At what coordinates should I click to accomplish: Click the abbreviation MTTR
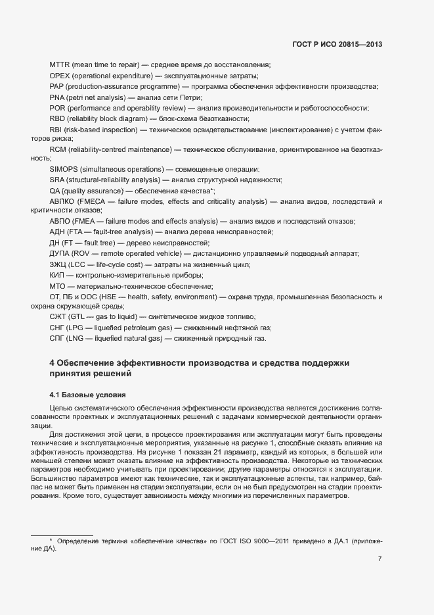pyautogui.click(x=60, y=64)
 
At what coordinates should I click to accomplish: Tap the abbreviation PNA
pyautogui.click(x=58, y=97)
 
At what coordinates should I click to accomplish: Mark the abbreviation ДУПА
pyautogui.click(x=60, y=254)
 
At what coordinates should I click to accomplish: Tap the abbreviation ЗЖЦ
pyautogui.click(x=58, y=264)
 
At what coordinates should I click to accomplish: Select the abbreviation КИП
pyautogui.click(x=57, y=275)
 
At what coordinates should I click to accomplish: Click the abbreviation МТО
pyautogui.click(x=58, y=286)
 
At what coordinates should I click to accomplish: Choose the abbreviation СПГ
pyautogui.click(x=58, y=339)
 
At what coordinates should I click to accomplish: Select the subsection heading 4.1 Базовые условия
pyautogui.click(x=87, y=395)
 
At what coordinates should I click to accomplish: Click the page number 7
pyautogui.click(x=380, y=558)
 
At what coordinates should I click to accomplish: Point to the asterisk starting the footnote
pyautogui.click(x=51, y=540)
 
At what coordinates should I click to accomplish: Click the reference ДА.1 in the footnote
pyautogui.click(x=342, y=541)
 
